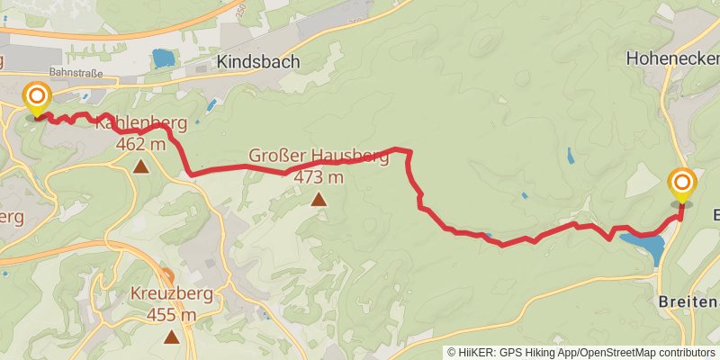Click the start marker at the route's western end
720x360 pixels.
tap(37, 98)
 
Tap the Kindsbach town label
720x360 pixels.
tap(257, 62)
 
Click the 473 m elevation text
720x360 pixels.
tap(318, 177)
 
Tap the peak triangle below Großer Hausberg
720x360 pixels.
tap(318, 199)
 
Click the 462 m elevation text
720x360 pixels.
tap(141, 144)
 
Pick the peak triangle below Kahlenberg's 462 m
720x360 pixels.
tap(141, 166)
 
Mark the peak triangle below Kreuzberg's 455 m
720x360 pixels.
tap(171, 337)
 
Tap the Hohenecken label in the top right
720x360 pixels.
tap(671, 60)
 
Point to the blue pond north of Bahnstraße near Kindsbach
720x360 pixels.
tap(163, 58)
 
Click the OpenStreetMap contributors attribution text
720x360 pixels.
tap(645, 352)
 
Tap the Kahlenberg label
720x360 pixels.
tap(144, 124)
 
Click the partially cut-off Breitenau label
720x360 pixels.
tap(688, 300)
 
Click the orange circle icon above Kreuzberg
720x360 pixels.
tap(166, 275)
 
